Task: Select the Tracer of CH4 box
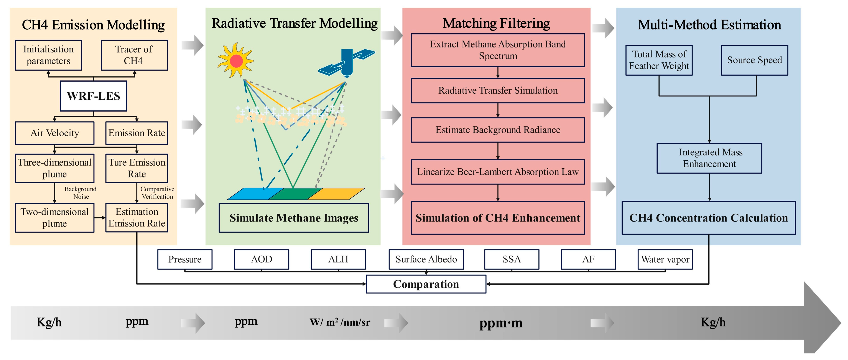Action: [x=134, y=55]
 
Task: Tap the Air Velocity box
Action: [x=55, y=133]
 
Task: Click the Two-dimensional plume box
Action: [x=55, y=217]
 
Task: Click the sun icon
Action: [x=236, y=61]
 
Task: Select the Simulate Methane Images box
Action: [x=294, y=218]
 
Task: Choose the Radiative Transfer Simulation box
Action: [x=498, y=90]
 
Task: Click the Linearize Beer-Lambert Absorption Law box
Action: [x=498, y=172]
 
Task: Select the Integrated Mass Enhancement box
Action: [x=709, y=158]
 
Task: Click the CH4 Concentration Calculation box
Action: [x=708, y=218]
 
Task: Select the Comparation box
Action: [x=426, y=284]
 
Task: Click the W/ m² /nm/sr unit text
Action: [x=340, y=322]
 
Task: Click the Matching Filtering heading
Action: [x=496, y=23]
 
